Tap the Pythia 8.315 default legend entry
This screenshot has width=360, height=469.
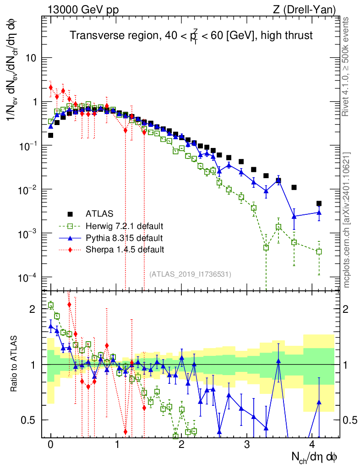[124, 238]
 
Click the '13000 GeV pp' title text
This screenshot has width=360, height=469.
[82, 9]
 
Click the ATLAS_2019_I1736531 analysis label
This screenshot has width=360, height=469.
[190, 274]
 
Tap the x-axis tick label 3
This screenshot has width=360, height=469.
[247, 444]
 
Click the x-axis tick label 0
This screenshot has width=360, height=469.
[51, 444]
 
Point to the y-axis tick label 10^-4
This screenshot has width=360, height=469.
[27, 278]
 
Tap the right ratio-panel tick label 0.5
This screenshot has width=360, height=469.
[350, 420]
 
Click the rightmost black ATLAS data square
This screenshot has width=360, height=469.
[319, 203]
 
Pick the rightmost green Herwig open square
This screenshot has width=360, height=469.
[319, 251]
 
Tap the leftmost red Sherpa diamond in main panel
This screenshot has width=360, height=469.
[51, 87]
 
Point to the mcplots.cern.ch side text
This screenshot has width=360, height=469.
[347, 220]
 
